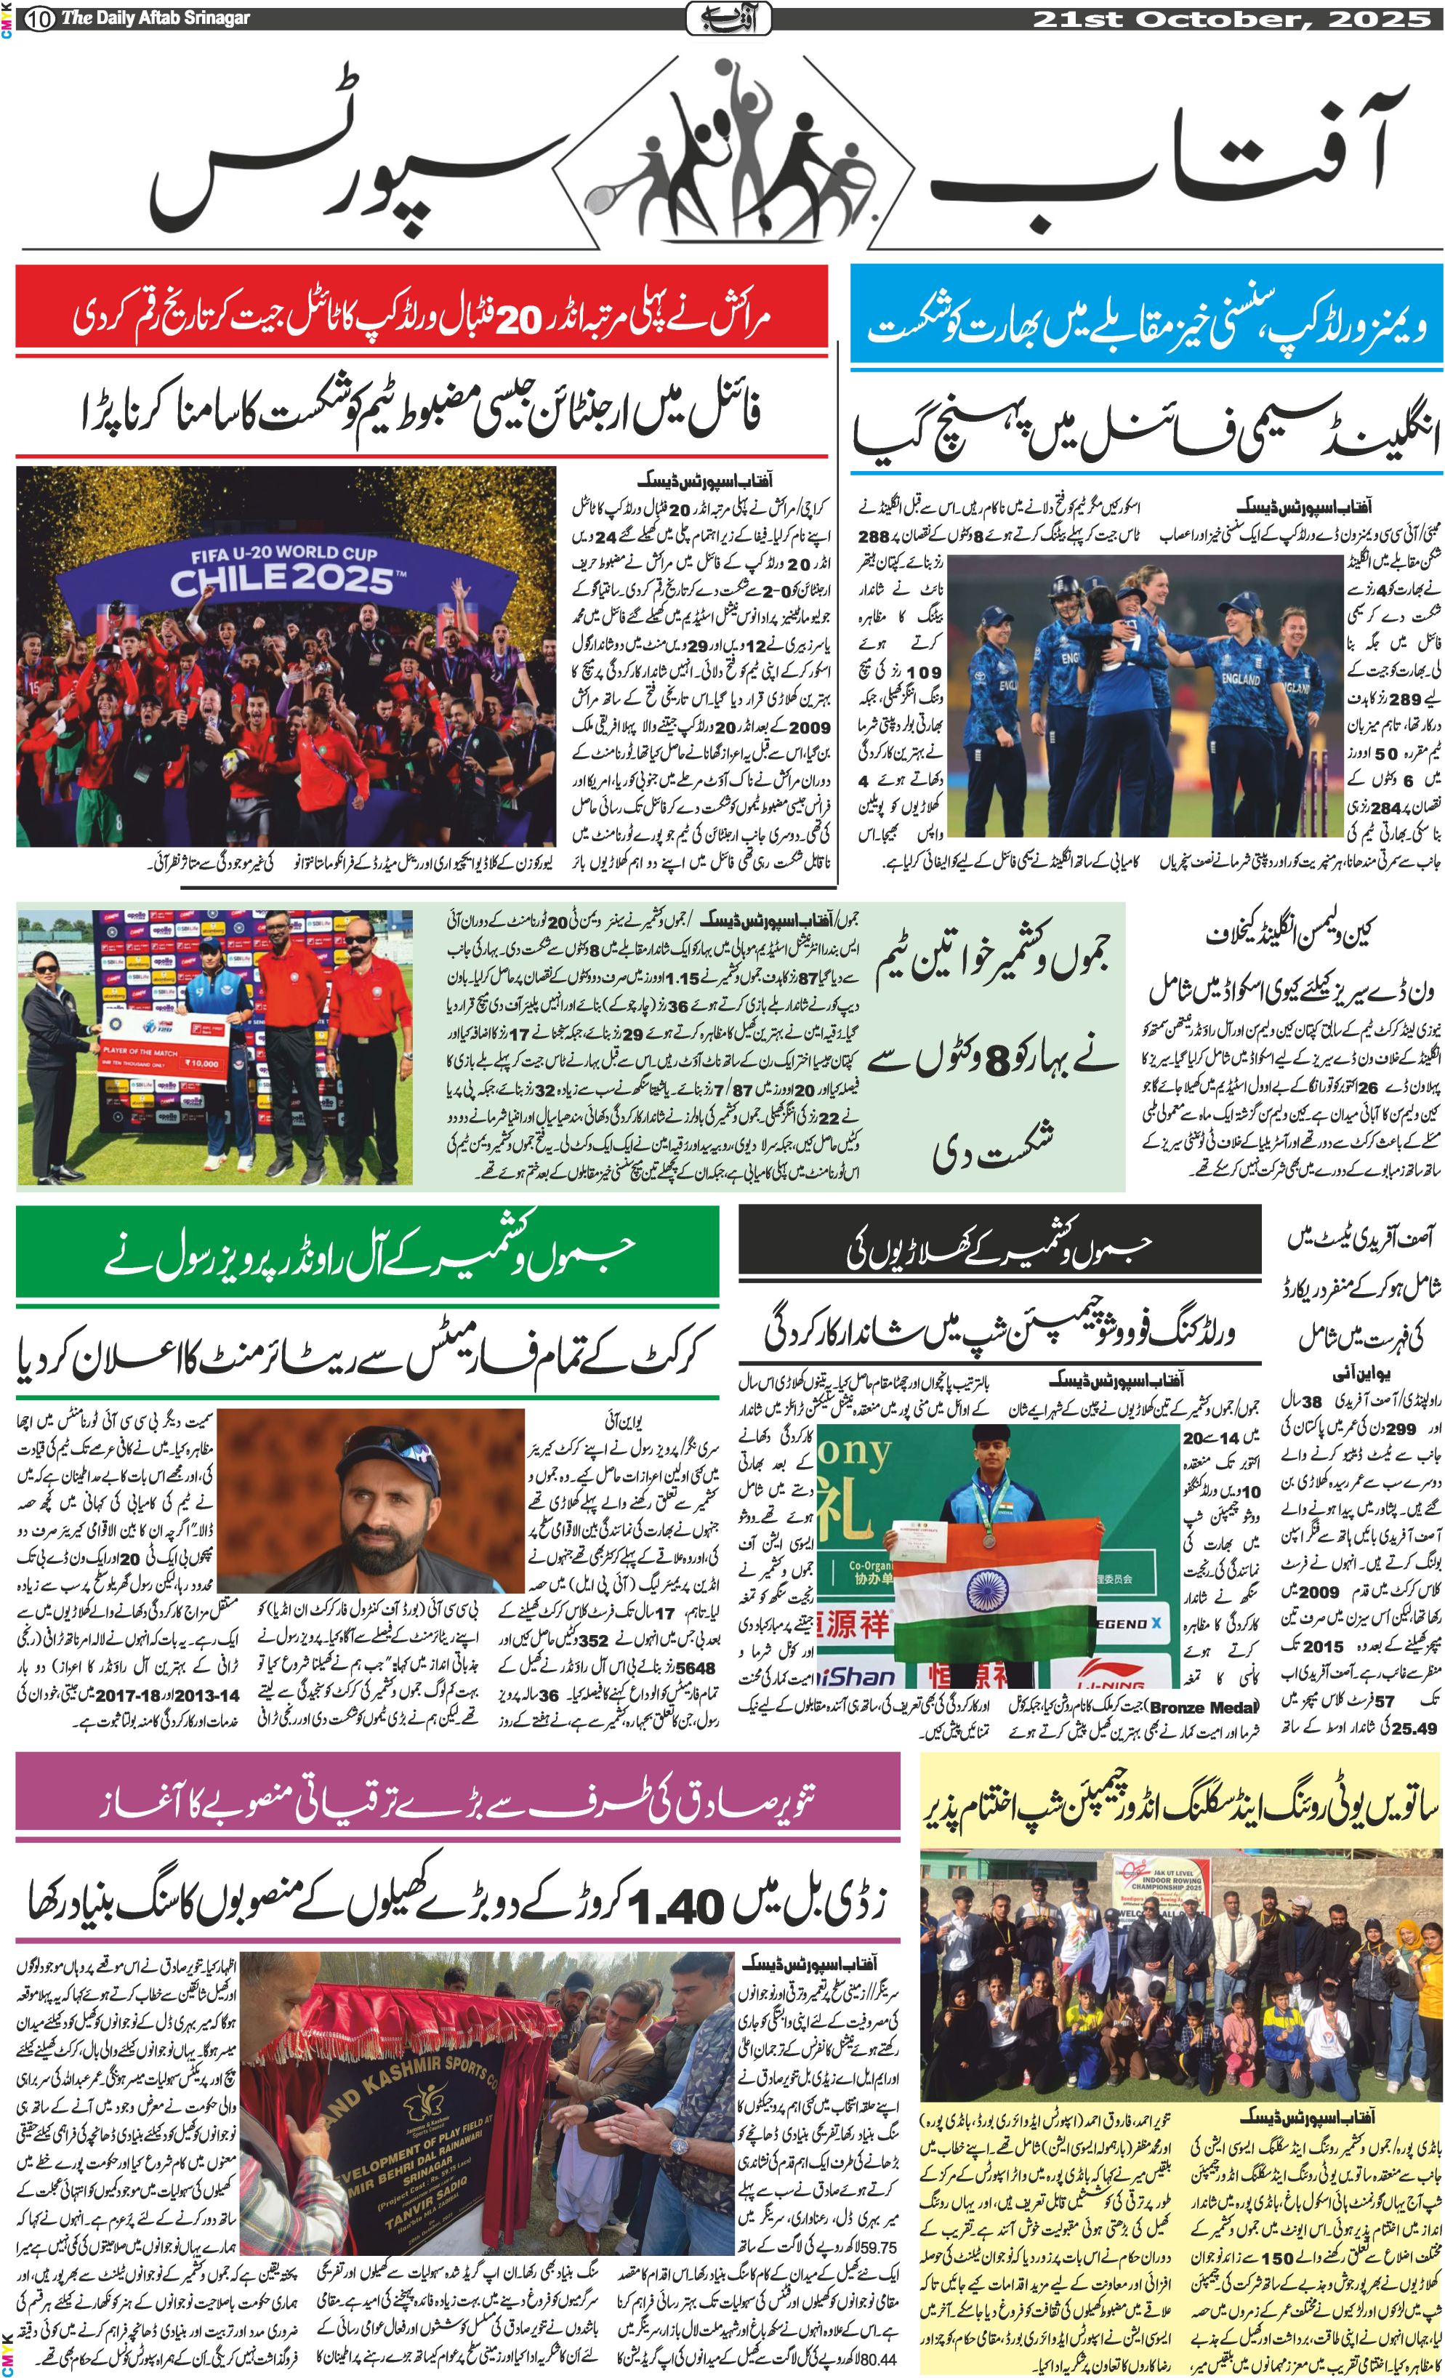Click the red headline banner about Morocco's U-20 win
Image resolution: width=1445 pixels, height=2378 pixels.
422,316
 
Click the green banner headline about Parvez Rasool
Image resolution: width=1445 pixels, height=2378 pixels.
366,1256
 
